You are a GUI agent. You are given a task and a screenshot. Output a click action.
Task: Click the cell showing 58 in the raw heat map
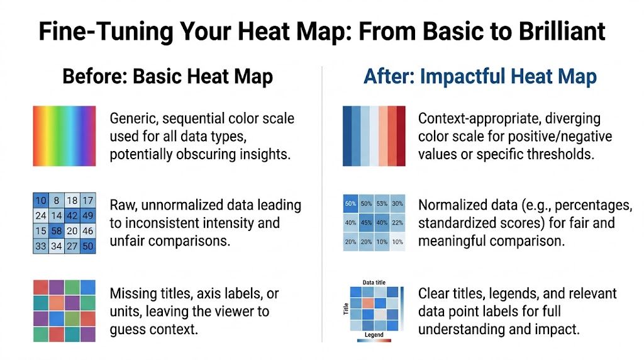[x=57, y=231]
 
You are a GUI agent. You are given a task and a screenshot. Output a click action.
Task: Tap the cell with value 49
[x=88, y=216]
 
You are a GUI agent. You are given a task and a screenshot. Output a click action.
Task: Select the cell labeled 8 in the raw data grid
[x=57, y=201]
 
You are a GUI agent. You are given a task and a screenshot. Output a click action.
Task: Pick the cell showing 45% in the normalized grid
[x=366, y=222]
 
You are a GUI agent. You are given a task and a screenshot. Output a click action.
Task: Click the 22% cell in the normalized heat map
[x=397, y=222]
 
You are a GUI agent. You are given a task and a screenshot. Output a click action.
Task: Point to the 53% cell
[x=382, y=204]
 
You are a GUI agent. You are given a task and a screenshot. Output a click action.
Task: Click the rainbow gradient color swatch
[x=64, y=136]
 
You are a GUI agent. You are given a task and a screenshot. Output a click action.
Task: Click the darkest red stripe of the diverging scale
[x=401, y=136]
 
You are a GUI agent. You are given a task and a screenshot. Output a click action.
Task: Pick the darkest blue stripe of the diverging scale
[x=347, y=136]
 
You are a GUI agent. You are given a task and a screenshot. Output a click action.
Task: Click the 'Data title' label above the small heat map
[x=374, y=283]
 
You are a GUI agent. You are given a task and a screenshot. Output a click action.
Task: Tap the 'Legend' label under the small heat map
[x=374, y=335]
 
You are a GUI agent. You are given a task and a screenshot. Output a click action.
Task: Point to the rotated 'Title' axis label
[x=346, y=308]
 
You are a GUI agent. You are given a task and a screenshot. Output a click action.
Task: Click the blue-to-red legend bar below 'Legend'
[x=374, y=341]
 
